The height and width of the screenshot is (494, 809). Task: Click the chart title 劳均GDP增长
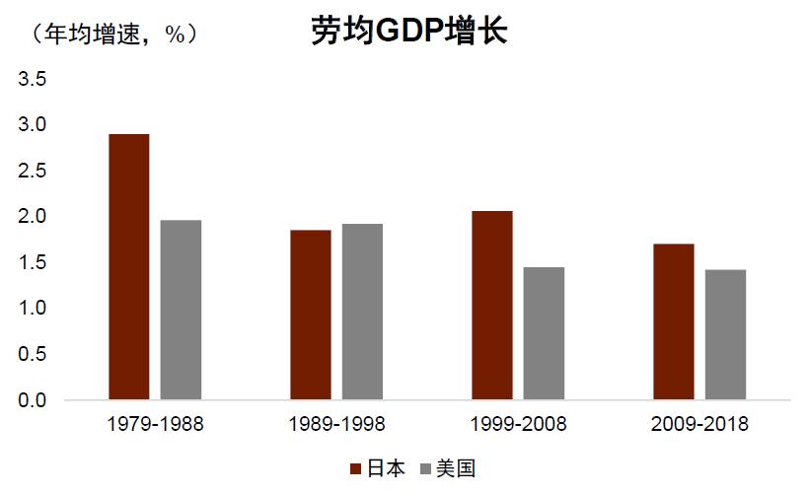click(x=408, y=32)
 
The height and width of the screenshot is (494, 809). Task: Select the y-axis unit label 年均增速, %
click(x=115, y=34)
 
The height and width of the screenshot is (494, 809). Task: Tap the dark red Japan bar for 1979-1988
click(x=128, y=267)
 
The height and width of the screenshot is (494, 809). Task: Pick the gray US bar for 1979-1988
click(x=181, y=311)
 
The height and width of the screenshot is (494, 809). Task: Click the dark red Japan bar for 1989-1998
click(x=310, y=316)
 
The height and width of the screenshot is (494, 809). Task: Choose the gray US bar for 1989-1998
click(x=362, y=313)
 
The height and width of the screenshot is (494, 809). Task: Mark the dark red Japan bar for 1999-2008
click(x=491, y=306)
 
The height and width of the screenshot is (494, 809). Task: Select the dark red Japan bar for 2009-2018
click(x=673, y=321)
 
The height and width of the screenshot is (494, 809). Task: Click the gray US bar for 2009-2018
click(x=725, y=335)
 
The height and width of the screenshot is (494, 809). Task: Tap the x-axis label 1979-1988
click(x=155, y=425)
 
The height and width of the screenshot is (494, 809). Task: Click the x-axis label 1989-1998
click(x=336, y=425)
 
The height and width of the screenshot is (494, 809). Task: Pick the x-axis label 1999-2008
click(x=518, y=425)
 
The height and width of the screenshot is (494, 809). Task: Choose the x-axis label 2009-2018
click(x=699, y=425)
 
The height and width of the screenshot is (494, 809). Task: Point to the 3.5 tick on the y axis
click(x=33, y=79)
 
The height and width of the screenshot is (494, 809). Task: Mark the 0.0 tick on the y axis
click(x=33, y=401)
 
